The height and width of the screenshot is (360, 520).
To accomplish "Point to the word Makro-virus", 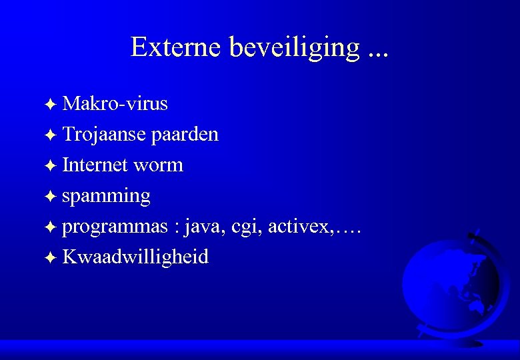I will (x=115, y=104).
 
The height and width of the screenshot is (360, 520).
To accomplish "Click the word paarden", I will (x=185, y=135).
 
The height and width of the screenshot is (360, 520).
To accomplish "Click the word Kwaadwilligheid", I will (x=135, y=257).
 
